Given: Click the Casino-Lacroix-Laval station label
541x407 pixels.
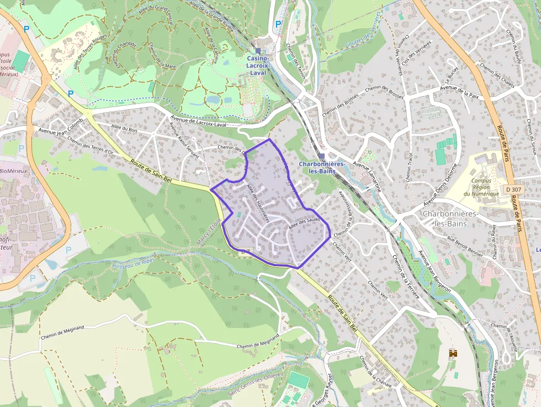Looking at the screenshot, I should [x=257, y=65].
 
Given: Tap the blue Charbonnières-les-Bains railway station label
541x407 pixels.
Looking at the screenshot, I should [x=322, y=167].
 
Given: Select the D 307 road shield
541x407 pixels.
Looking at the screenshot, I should [x=513, y=189].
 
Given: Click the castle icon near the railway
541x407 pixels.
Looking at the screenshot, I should [x=454, y=353].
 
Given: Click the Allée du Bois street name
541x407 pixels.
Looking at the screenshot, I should [x=124, y=129].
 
